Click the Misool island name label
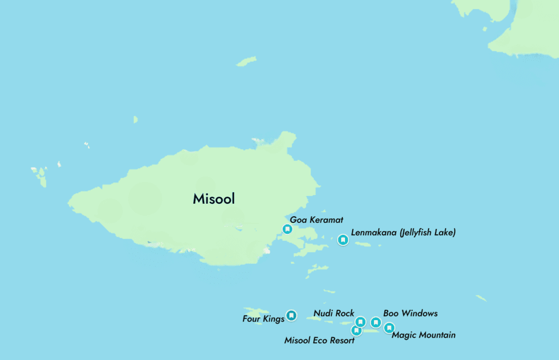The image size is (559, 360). click(213, 199)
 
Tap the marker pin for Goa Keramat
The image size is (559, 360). click(287, 229)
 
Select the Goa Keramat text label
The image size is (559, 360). click(317, 220)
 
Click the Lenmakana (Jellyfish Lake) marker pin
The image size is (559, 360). click(343, 239)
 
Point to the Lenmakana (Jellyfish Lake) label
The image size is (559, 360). click(403, 233)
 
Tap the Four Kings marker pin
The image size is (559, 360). click(292, 315)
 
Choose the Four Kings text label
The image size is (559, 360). click(263, 318)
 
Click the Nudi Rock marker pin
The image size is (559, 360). click(360, 322)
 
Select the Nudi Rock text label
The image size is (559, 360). click(334, 313)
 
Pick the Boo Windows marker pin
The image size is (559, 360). click(376, 322)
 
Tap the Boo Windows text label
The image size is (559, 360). click(410, 313)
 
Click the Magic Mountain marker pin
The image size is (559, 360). click(389, 328)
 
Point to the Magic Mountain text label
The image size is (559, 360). click(423, 335)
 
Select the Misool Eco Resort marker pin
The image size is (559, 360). click(356, 331)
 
